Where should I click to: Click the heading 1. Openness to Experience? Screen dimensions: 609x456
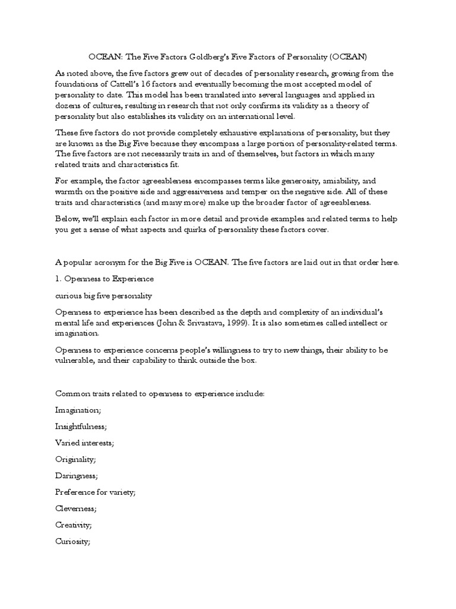[104, 278]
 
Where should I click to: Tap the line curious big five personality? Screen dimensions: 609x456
[104, 295]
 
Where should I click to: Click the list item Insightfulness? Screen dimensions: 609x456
[81, 426]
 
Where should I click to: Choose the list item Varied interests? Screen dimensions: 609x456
[84, 442]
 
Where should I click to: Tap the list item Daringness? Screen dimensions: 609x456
[77, 475]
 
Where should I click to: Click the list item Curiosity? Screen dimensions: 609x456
[72, 541]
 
